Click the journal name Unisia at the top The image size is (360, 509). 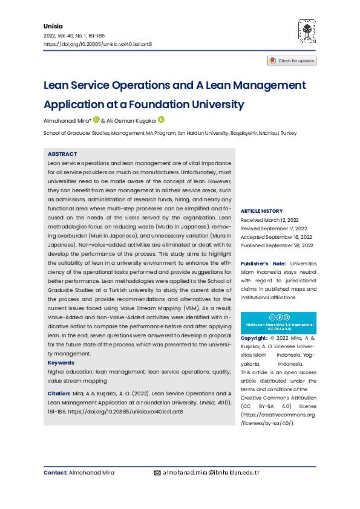pyautogui.click(x=53, y=27)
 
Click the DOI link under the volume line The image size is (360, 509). pyautogui.click(x=97, y=45)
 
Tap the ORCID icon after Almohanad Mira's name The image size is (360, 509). pyautogui.click(x=96, y=120)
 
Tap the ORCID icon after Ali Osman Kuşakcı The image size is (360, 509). pyautogui.click(x=161, y=120)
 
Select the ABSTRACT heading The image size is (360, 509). pyautogui.click(x=62, y=154)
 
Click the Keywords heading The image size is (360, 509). pyautogui.click(x=61, y=363)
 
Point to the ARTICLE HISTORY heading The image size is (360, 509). pyautogui.click(x=261, y=210)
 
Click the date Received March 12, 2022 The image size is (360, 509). pyautogui.click(x=270, y=220)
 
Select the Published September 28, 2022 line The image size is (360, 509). pyautogui.click(x=277, y=245)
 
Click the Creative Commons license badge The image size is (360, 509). pyautogui.click(x=278, y=322)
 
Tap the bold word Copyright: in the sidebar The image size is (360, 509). pyautogui.click(x=254, y=337)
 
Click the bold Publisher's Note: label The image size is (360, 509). pyautogui.click(x=263, y=264)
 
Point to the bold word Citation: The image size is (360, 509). pyautogui.click(x=59, y=394)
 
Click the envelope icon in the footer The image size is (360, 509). pyautogui.click(x=157, y=473)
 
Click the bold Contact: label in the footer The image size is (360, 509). pyautogui.click(x=55, y=473)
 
